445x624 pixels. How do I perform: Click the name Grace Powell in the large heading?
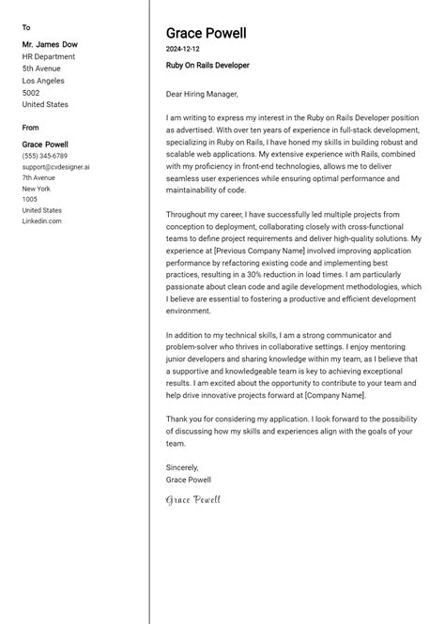point(206,34)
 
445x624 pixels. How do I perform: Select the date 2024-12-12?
point(182,49)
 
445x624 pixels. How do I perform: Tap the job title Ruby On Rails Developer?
point(207,66)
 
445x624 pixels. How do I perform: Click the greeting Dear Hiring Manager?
point(202,94)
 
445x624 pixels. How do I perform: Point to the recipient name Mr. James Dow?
point(50,44)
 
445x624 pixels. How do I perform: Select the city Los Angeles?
point(46,81)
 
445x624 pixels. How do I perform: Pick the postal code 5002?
point(31,93)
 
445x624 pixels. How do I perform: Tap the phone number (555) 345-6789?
point(44,156)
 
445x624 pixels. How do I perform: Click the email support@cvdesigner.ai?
point(55,167)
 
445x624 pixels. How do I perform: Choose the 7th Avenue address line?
point(39,177)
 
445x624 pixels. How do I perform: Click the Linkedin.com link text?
point(41,221)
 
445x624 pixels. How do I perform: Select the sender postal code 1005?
point(30,199)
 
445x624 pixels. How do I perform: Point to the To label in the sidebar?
point(26,27)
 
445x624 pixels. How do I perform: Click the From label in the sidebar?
point(31,128)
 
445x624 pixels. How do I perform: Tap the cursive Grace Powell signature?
point(192,500)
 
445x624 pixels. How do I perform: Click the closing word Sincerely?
point(182,467)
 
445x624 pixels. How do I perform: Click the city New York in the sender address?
point(37,189)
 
